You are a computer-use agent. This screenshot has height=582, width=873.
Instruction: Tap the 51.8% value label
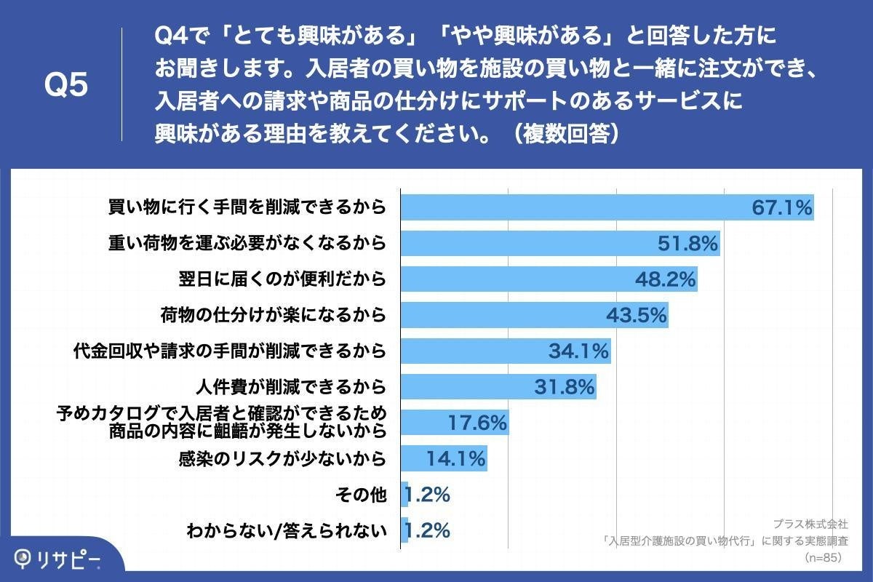pyautogui.click(x=687, y=244)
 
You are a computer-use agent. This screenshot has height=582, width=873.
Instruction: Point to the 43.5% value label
pyautogui.click(x=637, y=315)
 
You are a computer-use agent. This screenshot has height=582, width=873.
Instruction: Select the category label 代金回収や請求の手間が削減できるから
pyautogui.click(x=229, y=351)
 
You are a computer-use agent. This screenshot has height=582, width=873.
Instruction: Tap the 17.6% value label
pyautogui.click(x=476, y=423)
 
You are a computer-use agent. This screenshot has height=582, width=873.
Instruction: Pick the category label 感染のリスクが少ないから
pyautogui.click(x=281, y=459)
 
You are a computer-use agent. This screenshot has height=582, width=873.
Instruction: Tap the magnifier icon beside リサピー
pyautogui.click(x=25, y=558)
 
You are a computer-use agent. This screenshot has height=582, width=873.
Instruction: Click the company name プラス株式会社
pyautogui.click(x=810, y=523)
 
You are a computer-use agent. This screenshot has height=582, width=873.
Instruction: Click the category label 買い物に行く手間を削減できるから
pyautogui.click(x=247, y=208)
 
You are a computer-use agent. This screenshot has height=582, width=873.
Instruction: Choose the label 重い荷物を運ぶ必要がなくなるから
pyautogui.click(x=247, y=244)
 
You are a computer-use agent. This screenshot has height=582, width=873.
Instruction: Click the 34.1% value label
pyautogui.click(x=578, y=351)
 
